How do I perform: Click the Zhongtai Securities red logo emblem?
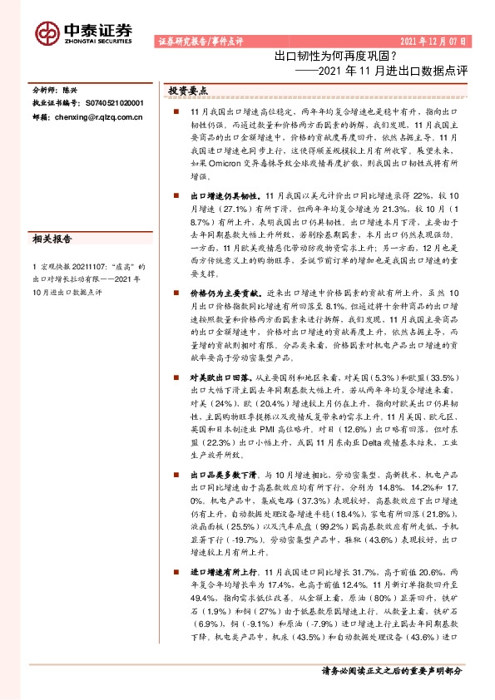click(x=47, y=31)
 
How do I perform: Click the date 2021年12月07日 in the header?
click(x=434, y=41)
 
